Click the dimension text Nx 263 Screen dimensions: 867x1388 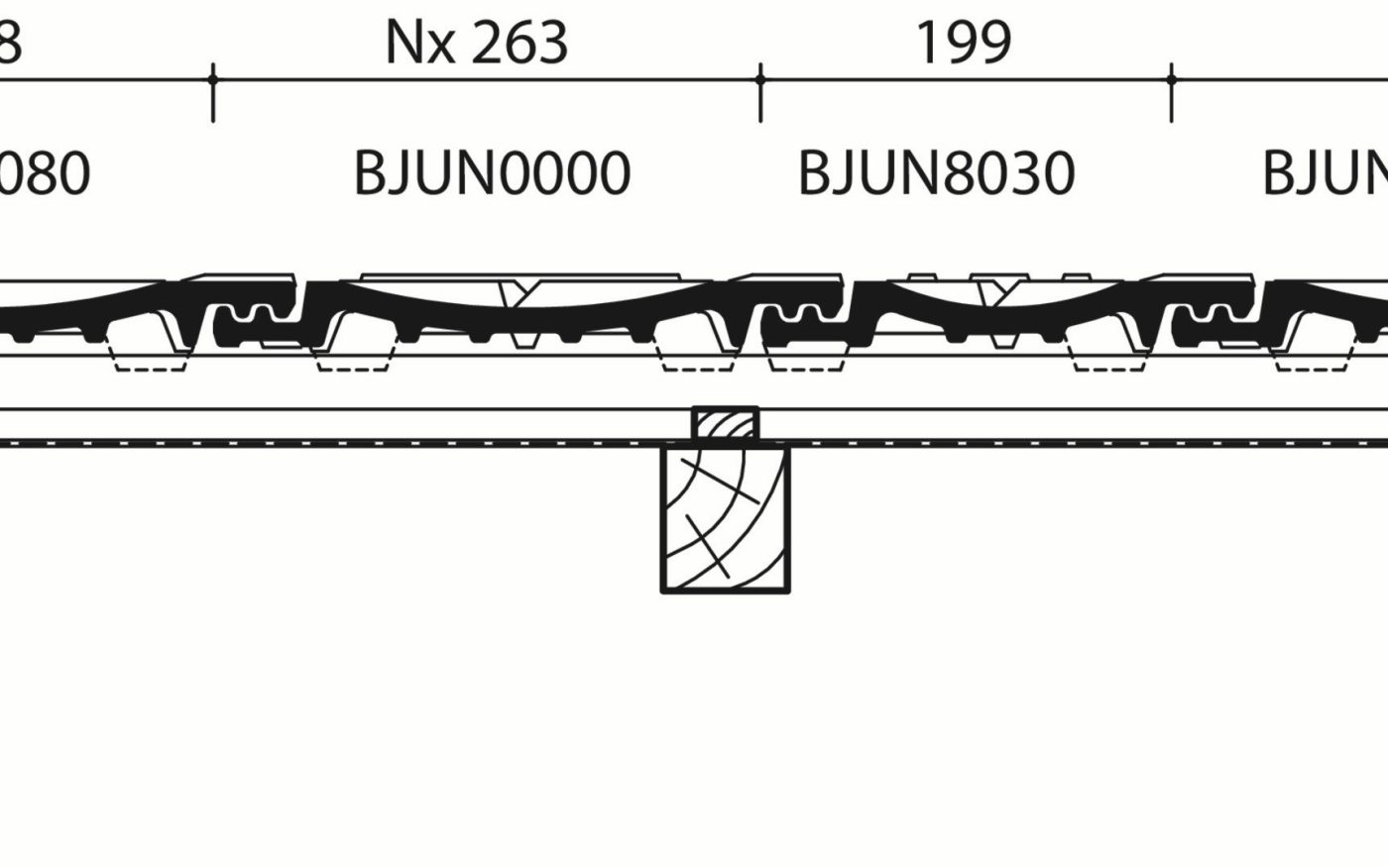point(477,43)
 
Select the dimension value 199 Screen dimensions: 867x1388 point(963,43)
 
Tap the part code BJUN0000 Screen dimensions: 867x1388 point(492,172)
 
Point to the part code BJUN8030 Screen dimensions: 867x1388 point(936,172)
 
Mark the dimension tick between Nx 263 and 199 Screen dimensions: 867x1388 point(760,79)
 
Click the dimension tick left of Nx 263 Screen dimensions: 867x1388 point(213,79)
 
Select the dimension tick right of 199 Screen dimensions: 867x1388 point(1172,79)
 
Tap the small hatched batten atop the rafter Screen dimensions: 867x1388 point(725,424)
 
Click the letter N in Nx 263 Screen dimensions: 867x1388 point(403,43)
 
